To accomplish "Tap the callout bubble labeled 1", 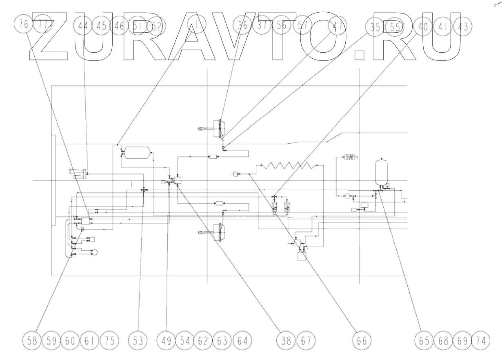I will (x=197, y=26).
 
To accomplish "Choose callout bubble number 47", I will (x=338, y=26).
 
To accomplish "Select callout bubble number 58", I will (x=33, y=340).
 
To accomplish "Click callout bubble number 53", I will (x=137, y=340).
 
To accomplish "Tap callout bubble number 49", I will (x=167, y=340).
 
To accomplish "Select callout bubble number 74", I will (x=481, y=340).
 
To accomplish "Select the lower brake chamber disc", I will (x=220, y=232).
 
